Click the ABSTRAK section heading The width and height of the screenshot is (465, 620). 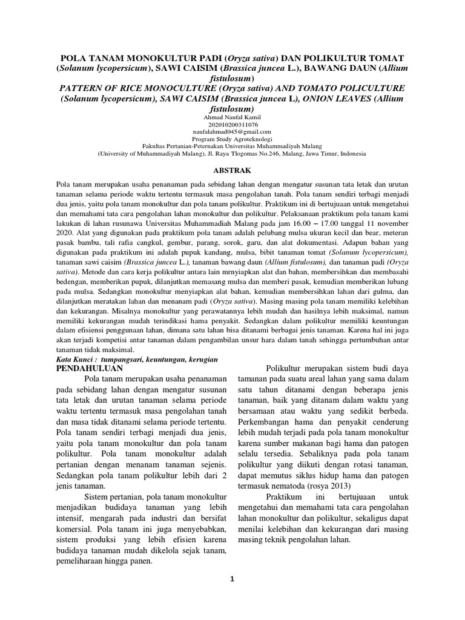click(x=232, y=171)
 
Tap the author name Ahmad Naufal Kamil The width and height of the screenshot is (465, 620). click(x=232, y=117)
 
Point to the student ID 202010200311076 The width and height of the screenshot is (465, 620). click(x=232, y=124)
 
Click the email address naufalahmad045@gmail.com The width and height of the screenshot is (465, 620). click(x=232, y=131)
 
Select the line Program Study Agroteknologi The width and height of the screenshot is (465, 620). click(x=232, y=139)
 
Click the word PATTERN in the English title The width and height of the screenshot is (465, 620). click(x=85, y=88)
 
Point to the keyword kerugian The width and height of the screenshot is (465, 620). click(x=200, y=359)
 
